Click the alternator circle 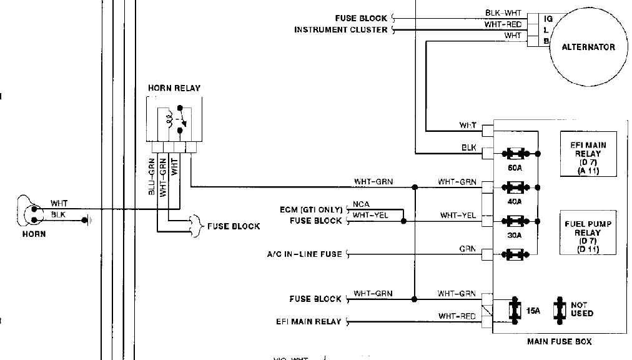pos(588,47)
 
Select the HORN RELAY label pos(174,88)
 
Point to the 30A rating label pos(515,236)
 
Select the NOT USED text pos(581,309)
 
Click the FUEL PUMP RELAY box pos(589,232)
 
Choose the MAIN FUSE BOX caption pos(559,341)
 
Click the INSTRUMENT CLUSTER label pos(341,30)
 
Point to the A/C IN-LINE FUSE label pos(305,254)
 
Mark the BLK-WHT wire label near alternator pos(503,13)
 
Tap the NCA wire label pos(361,204)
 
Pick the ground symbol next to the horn pos(88,219)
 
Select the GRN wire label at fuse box pos(468,249)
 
